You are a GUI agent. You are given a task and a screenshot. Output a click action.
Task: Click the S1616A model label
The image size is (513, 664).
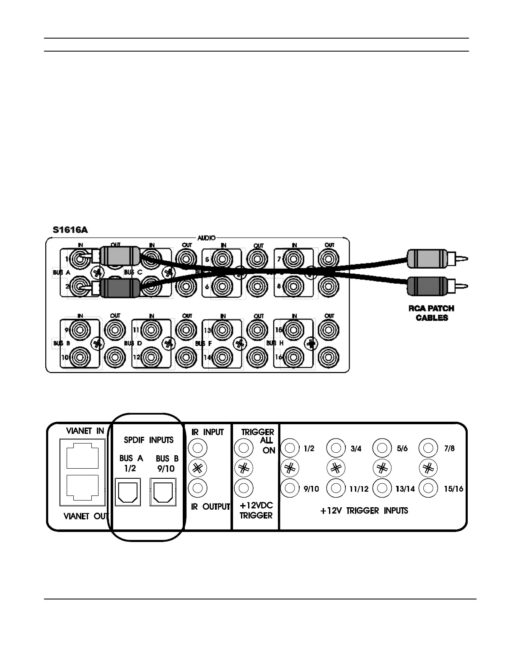(x=70, y=230)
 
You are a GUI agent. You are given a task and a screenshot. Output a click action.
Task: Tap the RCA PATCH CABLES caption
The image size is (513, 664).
(x=431, y=313)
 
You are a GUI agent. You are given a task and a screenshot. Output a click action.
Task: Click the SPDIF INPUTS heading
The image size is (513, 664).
(x=148, y=440)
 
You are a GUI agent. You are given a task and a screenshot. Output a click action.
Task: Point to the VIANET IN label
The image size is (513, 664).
(x=85, y=431)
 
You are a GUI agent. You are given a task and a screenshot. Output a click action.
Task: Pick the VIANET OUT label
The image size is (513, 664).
(x=86, y=516)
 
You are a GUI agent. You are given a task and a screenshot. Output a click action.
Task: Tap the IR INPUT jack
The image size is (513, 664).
(x=198, y=448)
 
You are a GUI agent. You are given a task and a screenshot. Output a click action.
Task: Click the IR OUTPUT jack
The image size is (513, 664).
(x=198, y=488)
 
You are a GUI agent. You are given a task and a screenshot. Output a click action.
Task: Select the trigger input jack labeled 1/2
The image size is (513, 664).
(x=289, y=448)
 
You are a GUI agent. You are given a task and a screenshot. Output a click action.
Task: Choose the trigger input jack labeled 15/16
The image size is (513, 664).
(x=428, y=488)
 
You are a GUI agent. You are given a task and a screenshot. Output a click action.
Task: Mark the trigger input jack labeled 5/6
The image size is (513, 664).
(x=382, y=448)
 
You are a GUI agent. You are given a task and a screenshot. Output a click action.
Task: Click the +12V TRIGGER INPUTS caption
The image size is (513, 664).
(x=364, y=511)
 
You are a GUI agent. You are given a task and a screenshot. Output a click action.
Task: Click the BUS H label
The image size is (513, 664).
(x=275, y=343)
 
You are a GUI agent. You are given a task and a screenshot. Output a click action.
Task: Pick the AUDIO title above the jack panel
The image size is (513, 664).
(x=207, y=238)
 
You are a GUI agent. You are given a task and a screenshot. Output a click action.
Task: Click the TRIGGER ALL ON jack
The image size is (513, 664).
(x=243, y=448)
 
